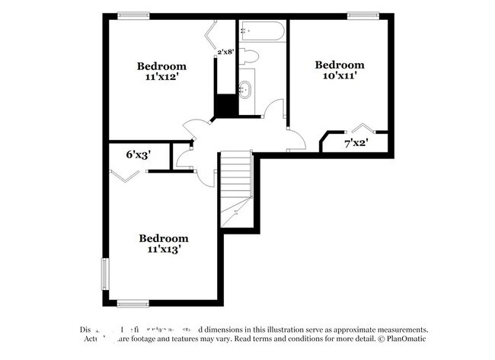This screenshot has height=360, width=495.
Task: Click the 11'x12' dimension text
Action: [161, 77]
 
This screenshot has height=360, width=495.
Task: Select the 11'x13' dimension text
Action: [164, 248]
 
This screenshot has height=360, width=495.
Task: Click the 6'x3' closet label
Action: [138, 155]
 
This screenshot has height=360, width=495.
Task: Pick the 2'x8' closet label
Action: [226, 53]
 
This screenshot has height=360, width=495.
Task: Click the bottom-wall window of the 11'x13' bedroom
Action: [133, 304]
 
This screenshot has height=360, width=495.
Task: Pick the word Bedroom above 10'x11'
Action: [340, 65]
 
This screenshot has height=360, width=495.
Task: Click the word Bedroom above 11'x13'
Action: [164, 237]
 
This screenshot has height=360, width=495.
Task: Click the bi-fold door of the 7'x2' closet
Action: [362, 128]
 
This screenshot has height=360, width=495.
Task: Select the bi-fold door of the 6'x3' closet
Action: [125, 176]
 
